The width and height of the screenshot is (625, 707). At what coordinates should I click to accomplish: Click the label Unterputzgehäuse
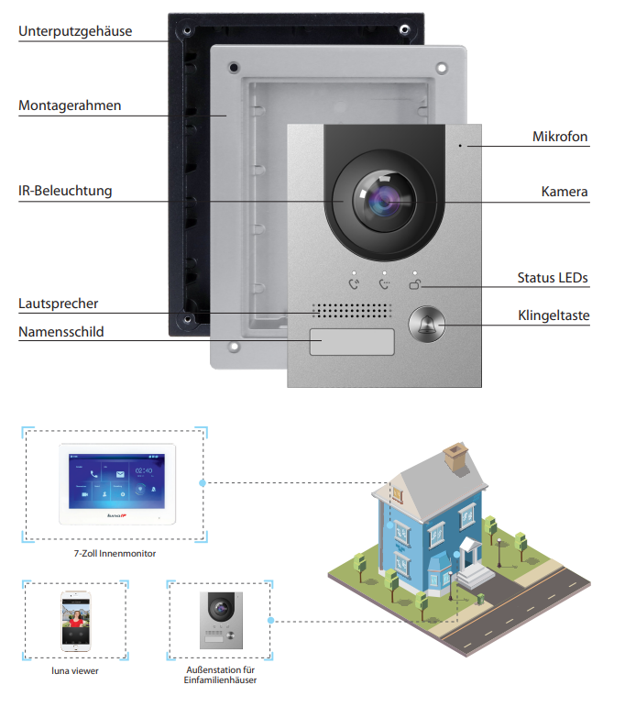75,31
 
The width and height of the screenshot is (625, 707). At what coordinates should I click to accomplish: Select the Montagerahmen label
70,105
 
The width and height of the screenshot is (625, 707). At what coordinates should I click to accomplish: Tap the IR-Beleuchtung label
65,191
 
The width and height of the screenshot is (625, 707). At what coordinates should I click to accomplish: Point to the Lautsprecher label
59,303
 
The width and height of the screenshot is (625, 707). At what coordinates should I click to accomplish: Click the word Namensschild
61,331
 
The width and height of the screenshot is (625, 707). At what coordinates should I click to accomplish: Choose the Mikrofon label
560,137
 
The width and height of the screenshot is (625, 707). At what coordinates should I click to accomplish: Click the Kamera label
565,193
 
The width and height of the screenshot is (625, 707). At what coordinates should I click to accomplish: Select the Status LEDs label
553,277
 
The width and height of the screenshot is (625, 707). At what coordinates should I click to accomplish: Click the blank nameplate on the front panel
351,342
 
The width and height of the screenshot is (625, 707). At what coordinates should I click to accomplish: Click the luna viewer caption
74,671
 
